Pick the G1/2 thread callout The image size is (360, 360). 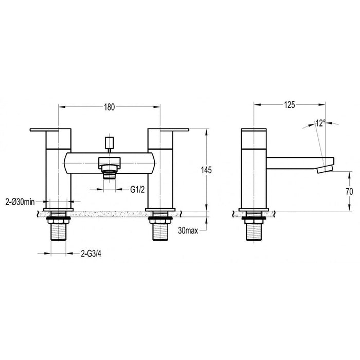coord(137,190)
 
